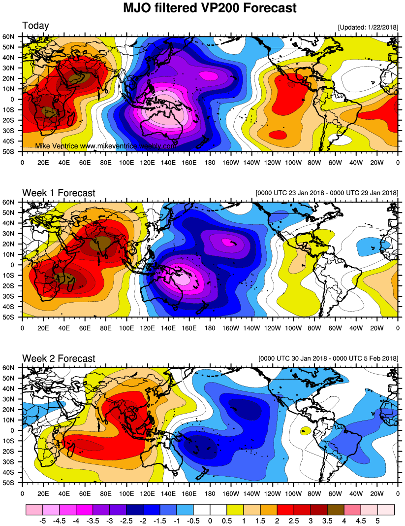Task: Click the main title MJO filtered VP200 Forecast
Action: coord(209,8)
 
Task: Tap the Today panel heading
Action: coord(35,26)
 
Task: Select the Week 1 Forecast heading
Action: coord(59,193)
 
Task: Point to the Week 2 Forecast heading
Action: coord(59,358)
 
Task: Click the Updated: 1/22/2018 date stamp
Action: coord(368,27)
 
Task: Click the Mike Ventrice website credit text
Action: coord(106,146)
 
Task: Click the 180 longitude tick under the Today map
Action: coord(210,161)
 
